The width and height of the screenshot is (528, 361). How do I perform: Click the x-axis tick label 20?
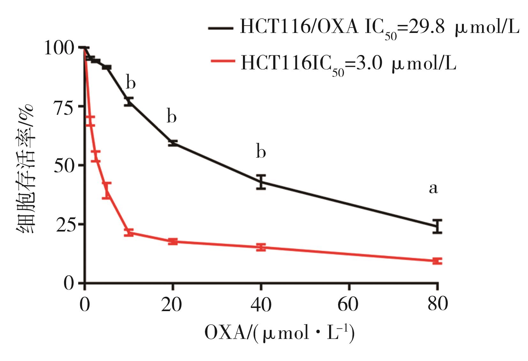pos(172,305)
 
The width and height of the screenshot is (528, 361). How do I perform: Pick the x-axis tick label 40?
pos(261,305)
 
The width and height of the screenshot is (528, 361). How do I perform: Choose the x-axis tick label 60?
pos(348,305)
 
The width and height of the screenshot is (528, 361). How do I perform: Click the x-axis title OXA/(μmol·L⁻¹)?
pos(279,333)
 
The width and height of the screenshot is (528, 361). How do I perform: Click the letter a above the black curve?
pos(433,189)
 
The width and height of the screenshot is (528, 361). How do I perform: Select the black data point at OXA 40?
pos(261,182)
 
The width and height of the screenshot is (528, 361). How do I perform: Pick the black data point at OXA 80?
pos(437,227)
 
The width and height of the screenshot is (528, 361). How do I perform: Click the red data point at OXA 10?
pos(129,232)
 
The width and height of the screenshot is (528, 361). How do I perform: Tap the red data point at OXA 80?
pos(437,261)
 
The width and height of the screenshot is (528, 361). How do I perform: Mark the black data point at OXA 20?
pos(173,143)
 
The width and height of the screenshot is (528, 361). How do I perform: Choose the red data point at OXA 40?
pos(261,247)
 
